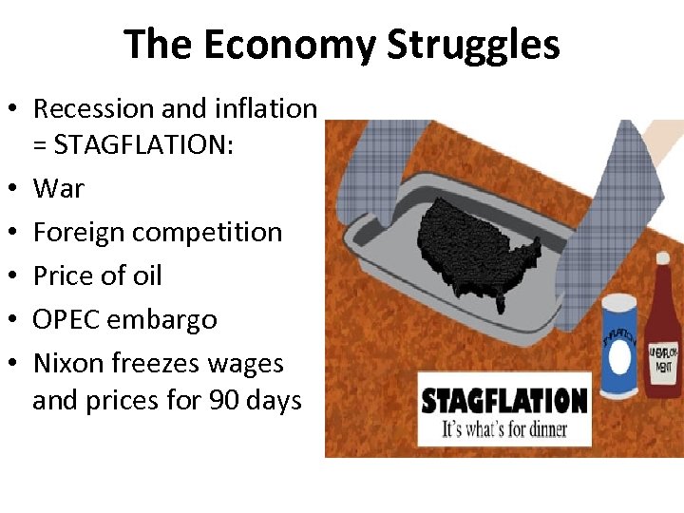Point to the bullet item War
click(x=58, y=188)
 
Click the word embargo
click(x=162, y=320)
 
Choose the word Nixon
click(x=68, y=363)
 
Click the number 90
click(x=224, y=400)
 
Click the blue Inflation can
click(x=618, y=346)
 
